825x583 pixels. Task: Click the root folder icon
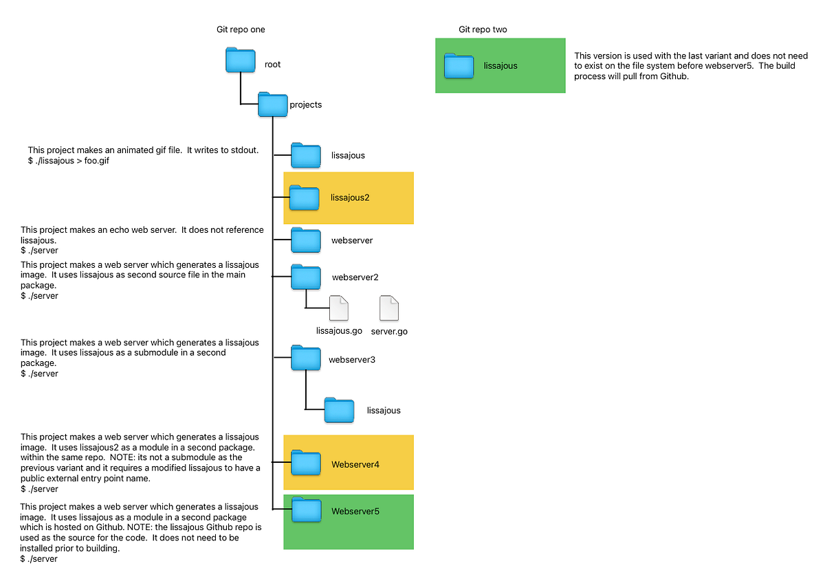click(240, 60)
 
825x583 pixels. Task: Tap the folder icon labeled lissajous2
click(305, 197)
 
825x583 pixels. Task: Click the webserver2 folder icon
click(306, 277)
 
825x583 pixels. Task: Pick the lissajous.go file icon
click(339, 308)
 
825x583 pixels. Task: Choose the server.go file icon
click(389, 308)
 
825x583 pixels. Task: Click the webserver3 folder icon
click(306, 358)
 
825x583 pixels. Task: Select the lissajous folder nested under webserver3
click(339, 410)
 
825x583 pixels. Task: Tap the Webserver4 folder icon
click(306, 463)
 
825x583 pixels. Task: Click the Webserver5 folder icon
click(307, 510)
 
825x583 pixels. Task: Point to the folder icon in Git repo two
click(459, 65)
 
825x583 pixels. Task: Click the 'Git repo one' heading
click(241, 30)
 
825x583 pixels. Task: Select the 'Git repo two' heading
click(483, 30)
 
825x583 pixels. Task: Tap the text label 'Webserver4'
click(355, 465)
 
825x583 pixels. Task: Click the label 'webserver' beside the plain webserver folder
click(352, 241)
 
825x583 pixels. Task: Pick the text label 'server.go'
click(389, 331)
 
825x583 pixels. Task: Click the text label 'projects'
click(305, 105)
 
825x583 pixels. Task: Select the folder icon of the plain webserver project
click(306, 240)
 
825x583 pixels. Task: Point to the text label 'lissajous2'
click(350, 198)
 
